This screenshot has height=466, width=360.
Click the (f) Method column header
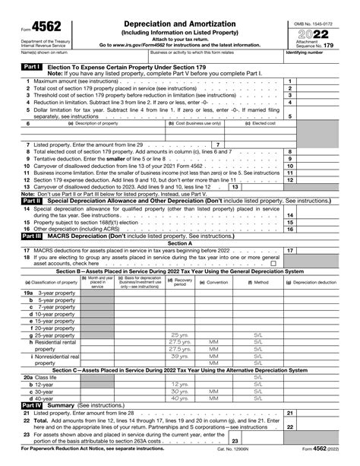pyautogui.click(x=258, y=282)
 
